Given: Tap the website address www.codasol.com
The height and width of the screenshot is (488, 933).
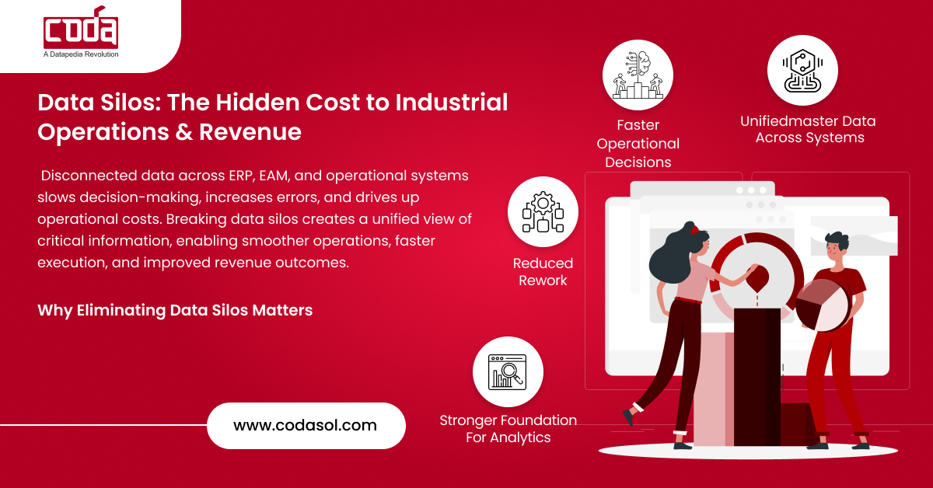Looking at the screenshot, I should (x=305, y=425).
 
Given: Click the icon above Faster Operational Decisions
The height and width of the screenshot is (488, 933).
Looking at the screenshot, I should (x=638, y=75).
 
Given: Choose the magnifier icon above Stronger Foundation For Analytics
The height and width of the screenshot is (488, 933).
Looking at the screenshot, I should (x=508, y=371).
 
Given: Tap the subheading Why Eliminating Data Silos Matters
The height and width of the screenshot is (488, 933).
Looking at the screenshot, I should (x=175, y=310).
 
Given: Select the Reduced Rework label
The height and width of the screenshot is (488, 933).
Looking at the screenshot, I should (x=543, y=271).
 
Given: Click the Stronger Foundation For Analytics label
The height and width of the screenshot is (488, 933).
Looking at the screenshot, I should (x=508, y=429).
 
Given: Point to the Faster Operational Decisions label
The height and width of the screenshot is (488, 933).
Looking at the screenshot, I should (x=638, y=143).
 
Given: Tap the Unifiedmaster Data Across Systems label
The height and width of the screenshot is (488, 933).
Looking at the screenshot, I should (x=808, y=130).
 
